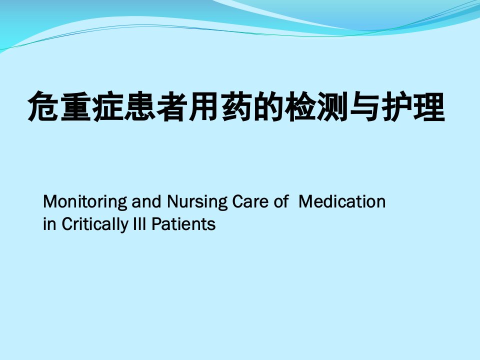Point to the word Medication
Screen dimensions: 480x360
[x=342, y=201]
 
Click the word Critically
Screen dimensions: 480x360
[x=95, y=224]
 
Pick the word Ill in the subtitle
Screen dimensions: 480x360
[x=139, y=224]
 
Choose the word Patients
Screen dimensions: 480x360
[x=183, y=224]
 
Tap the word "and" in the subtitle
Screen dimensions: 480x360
[x=146, y=201]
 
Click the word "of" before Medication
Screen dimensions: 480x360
[x=281, y=201]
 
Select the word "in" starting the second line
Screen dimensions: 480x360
[x=49, y=224]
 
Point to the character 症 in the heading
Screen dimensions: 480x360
[x=107, y=106]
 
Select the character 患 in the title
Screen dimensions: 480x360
[x=139, y=106]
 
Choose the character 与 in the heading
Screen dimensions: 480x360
[x=365, y=106]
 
